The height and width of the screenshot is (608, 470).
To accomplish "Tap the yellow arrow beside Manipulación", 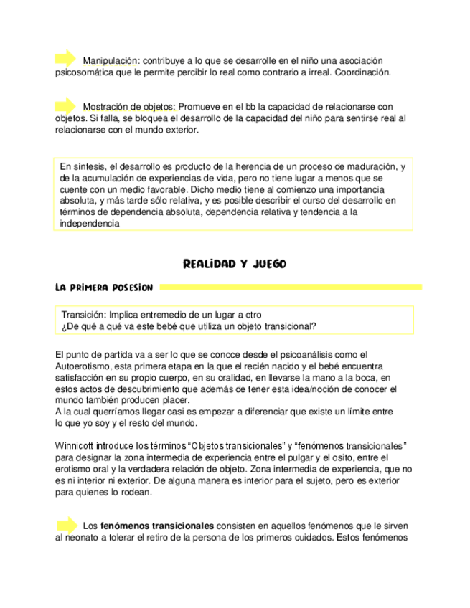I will coord(65,59).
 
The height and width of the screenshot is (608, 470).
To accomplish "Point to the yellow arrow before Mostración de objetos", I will coord(65,105).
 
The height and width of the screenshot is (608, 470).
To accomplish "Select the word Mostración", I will coord(107,106).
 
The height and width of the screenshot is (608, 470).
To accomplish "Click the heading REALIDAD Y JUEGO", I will coord(235,264).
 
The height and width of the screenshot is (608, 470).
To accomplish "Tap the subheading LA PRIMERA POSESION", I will coord(103,288).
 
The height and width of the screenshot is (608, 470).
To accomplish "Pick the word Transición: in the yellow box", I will coord(84,314).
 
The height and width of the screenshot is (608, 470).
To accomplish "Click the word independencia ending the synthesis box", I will coord(89,223).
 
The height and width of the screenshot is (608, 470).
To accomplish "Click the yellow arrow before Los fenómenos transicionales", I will coord(65,525).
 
